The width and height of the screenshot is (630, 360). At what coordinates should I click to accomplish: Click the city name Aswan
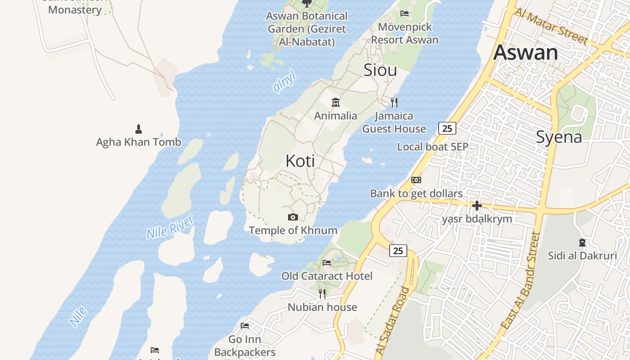tap(526, 53)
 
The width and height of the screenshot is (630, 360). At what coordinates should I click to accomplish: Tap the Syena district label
tap(559, 137)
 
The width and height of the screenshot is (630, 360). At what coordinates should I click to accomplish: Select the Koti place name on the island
tap(300, 161)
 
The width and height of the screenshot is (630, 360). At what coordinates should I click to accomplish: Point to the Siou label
tap(380, 70)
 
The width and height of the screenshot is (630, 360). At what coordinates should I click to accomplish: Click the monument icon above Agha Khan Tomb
tap(139, 129)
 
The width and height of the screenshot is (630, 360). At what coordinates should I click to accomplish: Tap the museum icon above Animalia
tap(336, 102)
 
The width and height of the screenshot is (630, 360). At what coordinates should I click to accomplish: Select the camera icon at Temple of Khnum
tap(293, 217)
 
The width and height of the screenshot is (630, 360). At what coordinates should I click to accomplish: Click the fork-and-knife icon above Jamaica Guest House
tap(394, 103)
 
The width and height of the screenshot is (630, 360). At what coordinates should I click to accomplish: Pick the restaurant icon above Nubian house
tap(322, 294)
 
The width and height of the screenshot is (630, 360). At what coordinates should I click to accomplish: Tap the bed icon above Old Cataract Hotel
tap(327, 263)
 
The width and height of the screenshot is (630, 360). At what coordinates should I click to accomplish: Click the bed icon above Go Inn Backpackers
tap(245, 326)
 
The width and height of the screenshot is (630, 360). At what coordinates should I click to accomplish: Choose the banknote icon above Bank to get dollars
tap(416, 180)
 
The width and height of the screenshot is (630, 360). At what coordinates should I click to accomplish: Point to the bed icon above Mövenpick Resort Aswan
tap(405, 13)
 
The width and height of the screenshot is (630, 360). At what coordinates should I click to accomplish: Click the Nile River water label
tap(170, 227)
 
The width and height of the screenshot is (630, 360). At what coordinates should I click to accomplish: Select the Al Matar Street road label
tap(551, 26)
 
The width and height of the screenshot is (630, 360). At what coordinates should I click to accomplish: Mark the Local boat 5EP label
tap(432, 147)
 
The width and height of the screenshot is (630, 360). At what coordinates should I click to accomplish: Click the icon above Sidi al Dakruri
tap(582, 243)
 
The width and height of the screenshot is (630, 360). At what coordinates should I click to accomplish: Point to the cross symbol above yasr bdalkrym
tap(477, 206)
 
